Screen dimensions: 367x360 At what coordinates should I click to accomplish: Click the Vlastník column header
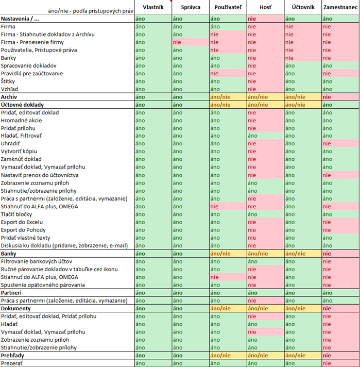(x=152, y=8)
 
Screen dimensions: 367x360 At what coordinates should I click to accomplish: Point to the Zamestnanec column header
(x=340, y=8)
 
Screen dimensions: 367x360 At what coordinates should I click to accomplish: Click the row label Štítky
(x=8, y=81)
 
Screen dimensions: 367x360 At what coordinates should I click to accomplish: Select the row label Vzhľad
(x=9, y=89)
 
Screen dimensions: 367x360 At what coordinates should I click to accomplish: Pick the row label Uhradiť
(x=10, y=143)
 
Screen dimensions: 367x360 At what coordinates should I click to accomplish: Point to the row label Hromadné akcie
(x=22, y=120)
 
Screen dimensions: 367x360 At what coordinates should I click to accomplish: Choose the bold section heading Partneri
(x=12, y=293)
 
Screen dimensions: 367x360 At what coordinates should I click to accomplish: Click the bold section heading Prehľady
(x=13, y=356)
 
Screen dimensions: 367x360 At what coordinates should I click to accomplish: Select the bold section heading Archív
(x=9, y=97)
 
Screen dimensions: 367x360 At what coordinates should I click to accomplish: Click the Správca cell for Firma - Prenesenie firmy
(x=190, y=42)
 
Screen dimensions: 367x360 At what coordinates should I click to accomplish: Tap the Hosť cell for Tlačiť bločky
(x=265, y=214)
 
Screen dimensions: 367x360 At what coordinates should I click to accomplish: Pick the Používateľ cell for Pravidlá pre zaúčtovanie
(x=227, y=73)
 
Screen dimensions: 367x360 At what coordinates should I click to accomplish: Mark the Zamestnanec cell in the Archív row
(x=340, y=97)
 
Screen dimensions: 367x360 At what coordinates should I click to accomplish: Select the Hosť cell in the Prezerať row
(x=265, y=363)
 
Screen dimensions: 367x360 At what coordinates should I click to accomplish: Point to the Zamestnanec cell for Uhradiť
(x=340, y=143)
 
